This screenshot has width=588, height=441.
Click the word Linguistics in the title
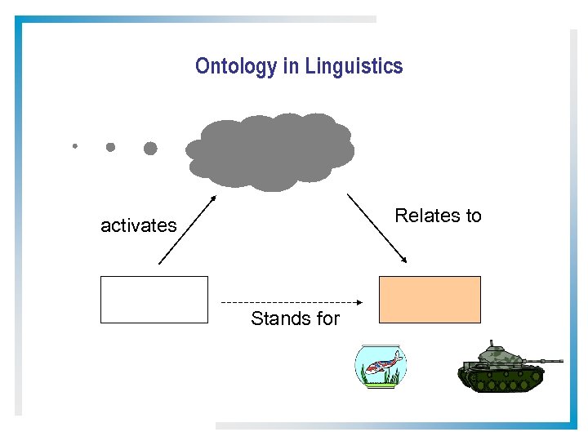point(354,66)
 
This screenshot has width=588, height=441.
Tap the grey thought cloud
point(270,152)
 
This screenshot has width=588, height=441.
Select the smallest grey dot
point(74,146)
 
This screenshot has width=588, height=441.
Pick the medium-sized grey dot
point(110,147)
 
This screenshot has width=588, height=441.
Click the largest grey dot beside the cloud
point(150,148)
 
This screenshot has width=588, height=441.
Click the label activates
point(138,225)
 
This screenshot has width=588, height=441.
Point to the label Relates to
point(438,216)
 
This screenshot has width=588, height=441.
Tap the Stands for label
point(295,318)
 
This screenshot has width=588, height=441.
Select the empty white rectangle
point(154,300)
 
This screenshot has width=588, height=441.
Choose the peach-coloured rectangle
point(430,300)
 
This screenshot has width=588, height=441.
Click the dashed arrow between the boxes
point(290,303)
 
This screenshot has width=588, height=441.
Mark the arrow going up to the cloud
point(186,230)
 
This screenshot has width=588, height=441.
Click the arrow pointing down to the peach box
point(377,228)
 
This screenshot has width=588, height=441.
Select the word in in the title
point(292,66)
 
